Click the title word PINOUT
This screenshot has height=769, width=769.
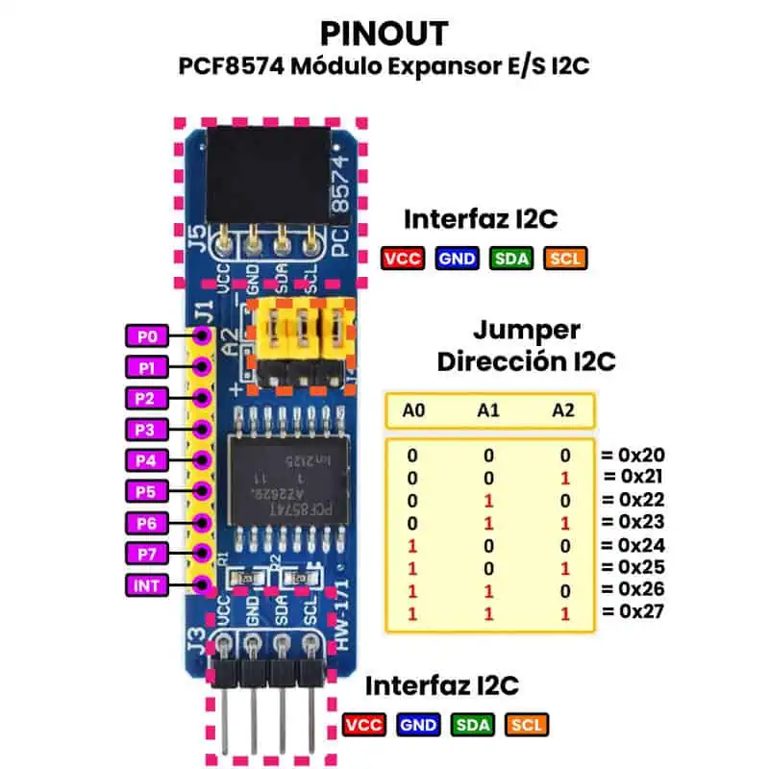coord(384,34)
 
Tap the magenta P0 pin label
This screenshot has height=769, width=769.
coord(147,335)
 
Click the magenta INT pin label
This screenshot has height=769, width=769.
coord(147,584)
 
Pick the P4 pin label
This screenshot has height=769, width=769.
coord(147,460)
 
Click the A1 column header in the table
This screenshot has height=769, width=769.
coord(488,410)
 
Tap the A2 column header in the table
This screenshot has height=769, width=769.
coord(562,410)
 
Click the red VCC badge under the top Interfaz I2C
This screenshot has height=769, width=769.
coord(404,258)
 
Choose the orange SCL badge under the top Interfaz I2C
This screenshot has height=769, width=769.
coord(564,258)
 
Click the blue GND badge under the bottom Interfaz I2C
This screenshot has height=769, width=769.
coord(418,726)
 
